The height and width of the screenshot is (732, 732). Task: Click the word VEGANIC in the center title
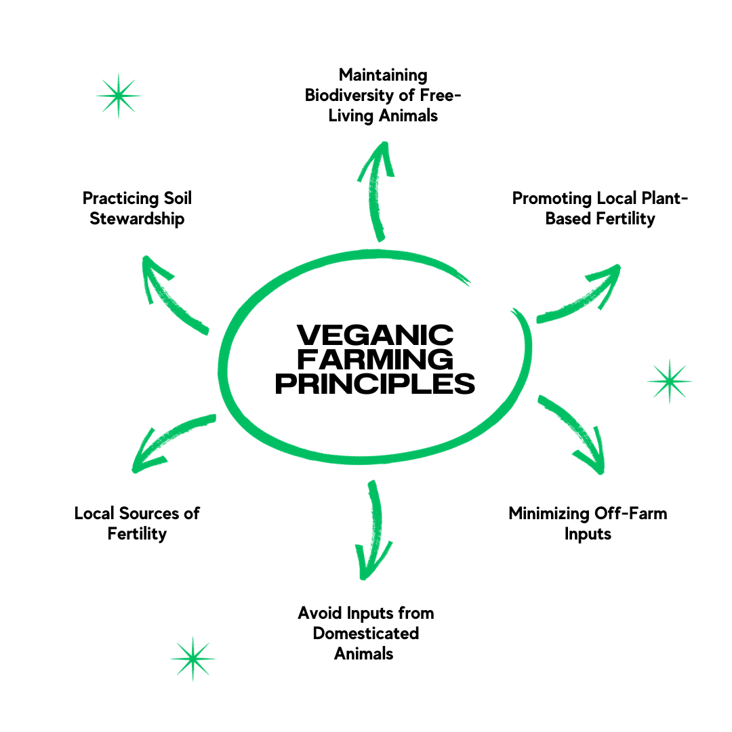click(x=375, y=335)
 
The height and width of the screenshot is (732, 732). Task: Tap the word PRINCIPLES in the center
click(x=375, y=384)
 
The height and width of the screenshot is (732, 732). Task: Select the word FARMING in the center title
click(x=375, y=359)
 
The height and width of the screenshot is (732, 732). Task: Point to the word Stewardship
click(x=137, y=219)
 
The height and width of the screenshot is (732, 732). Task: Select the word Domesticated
click(x=365, y=634)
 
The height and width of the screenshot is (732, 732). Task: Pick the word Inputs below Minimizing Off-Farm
click(x=588, y=534)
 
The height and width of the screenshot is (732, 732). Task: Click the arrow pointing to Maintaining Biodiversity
click(x=380, y=190)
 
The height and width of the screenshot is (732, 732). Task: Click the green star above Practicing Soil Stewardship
click(x=119, y=96)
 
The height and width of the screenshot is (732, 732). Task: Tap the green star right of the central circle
click(x=670, y=382)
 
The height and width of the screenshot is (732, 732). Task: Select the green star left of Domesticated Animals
click(x=192, y=658)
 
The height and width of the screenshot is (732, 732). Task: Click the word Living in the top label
click(x=349, y=116)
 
